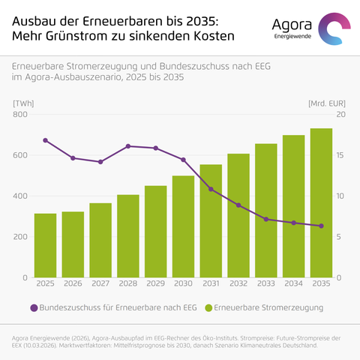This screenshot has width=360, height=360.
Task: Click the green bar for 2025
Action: click(x=45, y=245)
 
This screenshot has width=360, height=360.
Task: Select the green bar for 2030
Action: click(x=183, y=226)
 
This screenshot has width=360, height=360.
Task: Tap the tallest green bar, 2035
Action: click(x=321, y=203)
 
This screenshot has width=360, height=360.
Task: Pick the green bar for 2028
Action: click(x=128, y=236)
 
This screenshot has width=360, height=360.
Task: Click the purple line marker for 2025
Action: click(x=45, y=140)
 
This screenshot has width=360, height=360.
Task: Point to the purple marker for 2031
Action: click(x=211, y=189)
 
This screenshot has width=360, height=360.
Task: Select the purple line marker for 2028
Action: click(x=128, y=146)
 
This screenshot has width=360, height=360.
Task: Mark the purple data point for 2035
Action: click(x=322, y=226)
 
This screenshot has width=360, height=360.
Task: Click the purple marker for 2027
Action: click(x=100, y=162)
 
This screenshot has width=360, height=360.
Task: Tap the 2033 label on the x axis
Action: click(x=266, y=283)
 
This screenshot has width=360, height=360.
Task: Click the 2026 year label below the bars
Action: click(x=73, y=283)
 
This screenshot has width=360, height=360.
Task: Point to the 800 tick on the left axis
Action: click(x=20, y=115)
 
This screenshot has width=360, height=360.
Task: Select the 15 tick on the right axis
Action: click(x=340, y=155)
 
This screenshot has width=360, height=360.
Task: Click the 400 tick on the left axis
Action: click(x=20, y=196)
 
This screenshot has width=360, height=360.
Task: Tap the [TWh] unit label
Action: click(x=23, y=103)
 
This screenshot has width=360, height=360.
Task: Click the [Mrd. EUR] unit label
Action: click(x=327, y=103)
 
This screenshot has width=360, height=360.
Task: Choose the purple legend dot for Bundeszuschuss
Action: click(x=34, y=308)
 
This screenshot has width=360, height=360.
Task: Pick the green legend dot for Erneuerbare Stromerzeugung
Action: click(x=208, y=308)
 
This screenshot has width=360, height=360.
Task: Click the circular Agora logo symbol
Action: click(x=334, y=28)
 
